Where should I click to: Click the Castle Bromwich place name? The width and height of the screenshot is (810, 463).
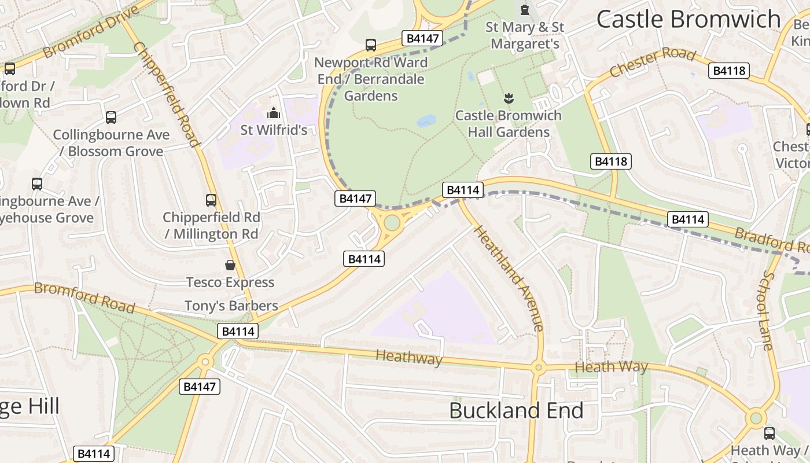point(689,19)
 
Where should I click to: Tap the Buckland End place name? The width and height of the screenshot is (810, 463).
point(516,410)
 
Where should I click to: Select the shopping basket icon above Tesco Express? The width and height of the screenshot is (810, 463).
point(230,266)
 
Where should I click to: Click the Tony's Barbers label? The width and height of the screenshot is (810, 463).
point(231,306)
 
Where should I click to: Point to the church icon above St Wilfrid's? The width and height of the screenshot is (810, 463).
point(274,113)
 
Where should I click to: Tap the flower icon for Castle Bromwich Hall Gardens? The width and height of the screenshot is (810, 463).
point(509,98)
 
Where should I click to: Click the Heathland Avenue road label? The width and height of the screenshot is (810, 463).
point(509,278)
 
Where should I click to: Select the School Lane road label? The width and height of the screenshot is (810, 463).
point(768,310)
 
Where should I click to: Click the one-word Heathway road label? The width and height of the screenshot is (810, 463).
point(409,358)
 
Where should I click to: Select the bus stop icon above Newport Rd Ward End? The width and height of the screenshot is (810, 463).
point(371,45)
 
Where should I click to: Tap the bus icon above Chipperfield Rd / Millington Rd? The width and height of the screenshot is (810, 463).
point(211,200)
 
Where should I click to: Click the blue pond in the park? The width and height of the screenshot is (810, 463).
point(426,120)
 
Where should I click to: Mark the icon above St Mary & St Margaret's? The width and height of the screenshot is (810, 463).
point(525,10)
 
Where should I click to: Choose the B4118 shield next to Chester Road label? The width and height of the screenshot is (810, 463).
point(729,71)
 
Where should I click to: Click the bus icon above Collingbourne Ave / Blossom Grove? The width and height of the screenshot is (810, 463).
point(111,117)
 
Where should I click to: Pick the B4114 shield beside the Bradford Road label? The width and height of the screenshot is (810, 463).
point(687,219)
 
